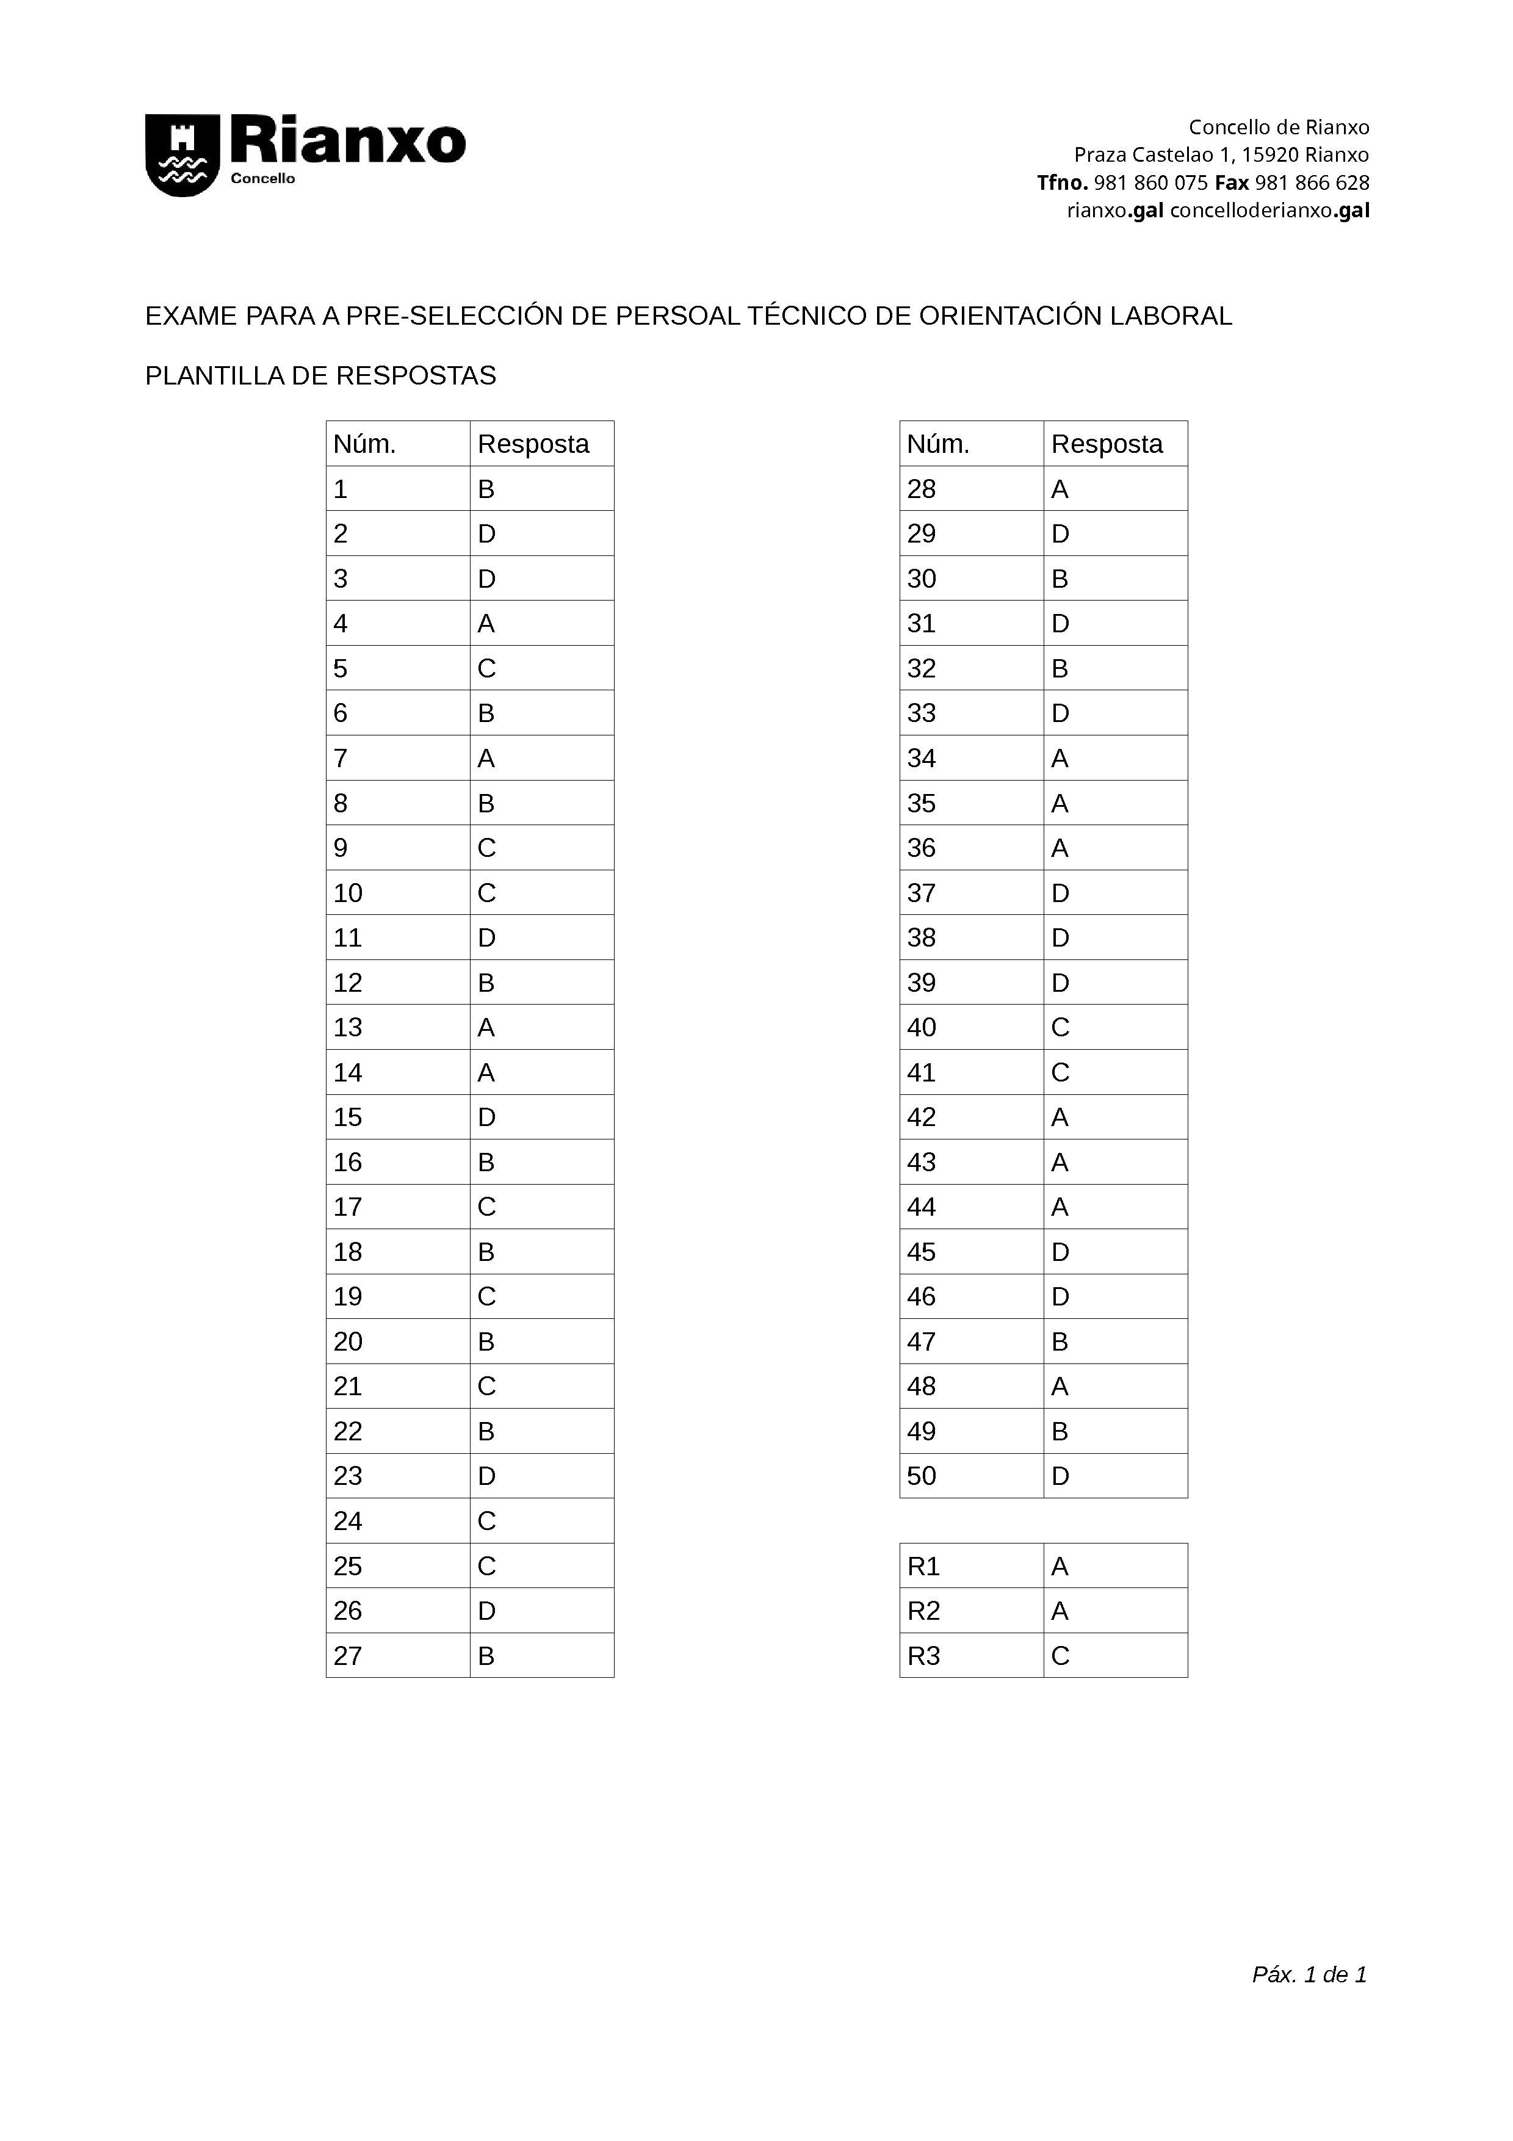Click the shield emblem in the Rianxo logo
182,155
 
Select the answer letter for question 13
486,1028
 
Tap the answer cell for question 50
1060,1476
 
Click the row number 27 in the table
348,1656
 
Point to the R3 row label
923,1656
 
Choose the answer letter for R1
1060,1567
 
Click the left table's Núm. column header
364,445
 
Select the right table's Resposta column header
1107,445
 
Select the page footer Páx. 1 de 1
1309,1974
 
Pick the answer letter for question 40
1060,1028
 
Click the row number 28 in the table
921,489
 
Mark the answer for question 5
486,668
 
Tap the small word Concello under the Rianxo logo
263,179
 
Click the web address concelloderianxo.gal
1269,211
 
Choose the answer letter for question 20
486,1342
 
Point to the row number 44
921,1208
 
